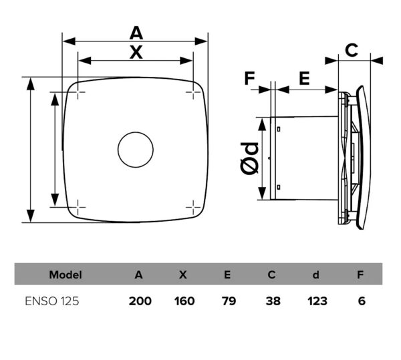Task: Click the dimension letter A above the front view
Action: [136, 33]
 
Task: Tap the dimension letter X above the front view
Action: [136, 52]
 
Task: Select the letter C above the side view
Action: [352, 50]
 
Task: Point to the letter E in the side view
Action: [304, 78]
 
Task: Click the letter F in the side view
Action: [249, 78]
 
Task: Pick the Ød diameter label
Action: [249, 158]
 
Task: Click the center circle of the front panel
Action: [136, 150]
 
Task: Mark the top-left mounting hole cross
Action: [78, 92]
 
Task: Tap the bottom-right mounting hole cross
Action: [193, 207]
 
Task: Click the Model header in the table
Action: [65, 275]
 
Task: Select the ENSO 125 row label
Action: [52, 301]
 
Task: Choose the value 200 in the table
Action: [140, 301]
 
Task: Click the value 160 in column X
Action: [184, 301]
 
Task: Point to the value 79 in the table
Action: [229, 301]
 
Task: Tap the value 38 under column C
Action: [273, 301]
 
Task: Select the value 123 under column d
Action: [317, 301]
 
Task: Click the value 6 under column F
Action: [362, 301]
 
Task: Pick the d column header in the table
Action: [316, 275]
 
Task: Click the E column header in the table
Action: [227, 275]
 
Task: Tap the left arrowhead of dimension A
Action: [69, 41]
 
